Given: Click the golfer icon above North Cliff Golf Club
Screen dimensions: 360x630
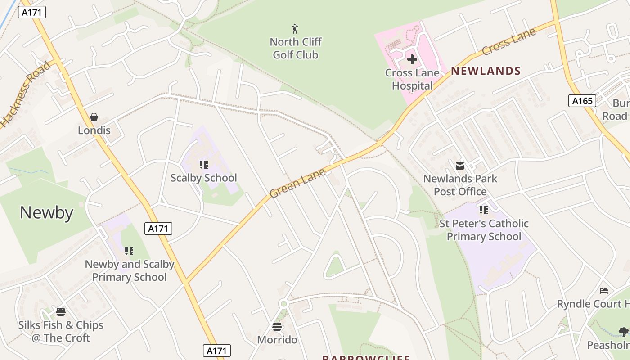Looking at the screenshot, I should (295, 29).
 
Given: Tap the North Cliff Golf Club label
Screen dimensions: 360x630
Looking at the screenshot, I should (296, 48).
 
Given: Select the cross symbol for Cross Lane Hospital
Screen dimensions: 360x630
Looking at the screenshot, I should (412, 59).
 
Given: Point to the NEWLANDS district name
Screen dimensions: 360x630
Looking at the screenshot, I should (486, 71).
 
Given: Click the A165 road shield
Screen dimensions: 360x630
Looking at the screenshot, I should (582, 101).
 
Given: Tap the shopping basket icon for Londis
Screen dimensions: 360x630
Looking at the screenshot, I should (94, 117).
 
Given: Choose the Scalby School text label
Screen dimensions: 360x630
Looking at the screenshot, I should (203, 178).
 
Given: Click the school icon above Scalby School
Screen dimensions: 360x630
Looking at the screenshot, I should (204, 165).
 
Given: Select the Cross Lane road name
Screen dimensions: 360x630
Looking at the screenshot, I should (508, 42).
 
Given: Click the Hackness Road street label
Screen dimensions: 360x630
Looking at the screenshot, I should (25, 94).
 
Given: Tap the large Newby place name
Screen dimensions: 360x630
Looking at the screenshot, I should (46, 212).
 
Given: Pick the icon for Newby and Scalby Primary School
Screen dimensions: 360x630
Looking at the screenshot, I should (129, 251).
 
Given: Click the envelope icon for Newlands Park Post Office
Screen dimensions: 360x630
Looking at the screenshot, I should (460, 166).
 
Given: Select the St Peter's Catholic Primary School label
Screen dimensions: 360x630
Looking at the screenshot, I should (484, 230).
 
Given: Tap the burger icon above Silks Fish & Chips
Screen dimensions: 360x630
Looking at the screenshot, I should (61, 312).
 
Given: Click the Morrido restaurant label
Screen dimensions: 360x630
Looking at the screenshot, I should (277, 340).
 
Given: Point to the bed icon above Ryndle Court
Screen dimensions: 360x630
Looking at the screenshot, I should (604, 291).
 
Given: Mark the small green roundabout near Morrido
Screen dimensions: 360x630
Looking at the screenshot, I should (283, 304).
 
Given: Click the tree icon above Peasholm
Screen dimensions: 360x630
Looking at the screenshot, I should (623, 332).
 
